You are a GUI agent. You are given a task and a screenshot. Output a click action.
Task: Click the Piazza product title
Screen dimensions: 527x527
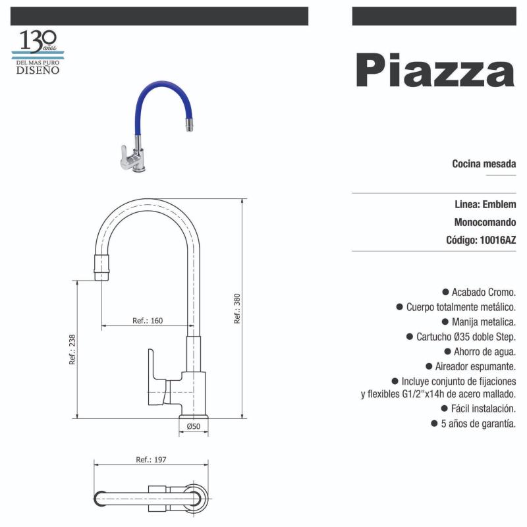435,70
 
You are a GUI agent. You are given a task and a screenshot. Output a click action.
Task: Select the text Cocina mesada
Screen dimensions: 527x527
484,164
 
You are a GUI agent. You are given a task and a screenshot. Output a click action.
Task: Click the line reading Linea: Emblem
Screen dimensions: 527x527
485,204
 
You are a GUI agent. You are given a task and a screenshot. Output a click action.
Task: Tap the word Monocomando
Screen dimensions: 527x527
485,222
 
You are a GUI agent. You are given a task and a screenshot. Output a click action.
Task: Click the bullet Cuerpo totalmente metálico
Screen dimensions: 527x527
459,306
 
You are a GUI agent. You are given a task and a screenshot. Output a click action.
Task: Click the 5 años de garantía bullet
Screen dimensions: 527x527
477,424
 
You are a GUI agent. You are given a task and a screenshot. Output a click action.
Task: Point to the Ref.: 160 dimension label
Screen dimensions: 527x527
148,321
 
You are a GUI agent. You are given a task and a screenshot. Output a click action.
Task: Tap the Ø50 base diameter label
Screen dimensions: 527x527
193,426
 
